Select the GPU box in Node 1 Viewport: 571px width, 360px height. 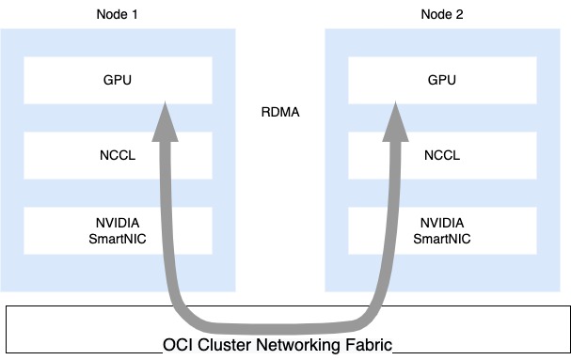(75, 81)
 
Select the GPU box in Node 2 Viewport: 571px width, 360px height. (489, 81)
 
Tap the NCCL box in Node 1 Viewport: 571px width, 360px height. (75, 155)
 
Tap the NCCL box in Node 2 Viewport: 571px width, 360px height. (489, 155)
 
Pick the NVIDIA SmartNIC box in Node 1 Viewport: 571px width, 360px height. (75, 230)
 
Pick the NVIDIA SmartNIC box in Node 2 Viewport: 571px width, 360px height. (489, 230)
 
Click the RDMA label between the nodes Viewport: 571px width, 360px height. (279, 114)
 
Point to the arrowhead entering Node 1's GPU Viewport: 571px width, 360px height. (166, 119)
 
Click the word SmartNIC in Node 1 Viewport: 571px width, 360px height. (118, 239)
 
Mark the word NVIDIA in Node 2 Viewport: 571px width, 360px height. (441, 223)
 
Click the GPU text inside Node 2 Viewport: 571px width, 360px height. (441, 81)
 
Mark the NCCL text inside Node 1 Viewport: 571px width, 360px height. (118, 155)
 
